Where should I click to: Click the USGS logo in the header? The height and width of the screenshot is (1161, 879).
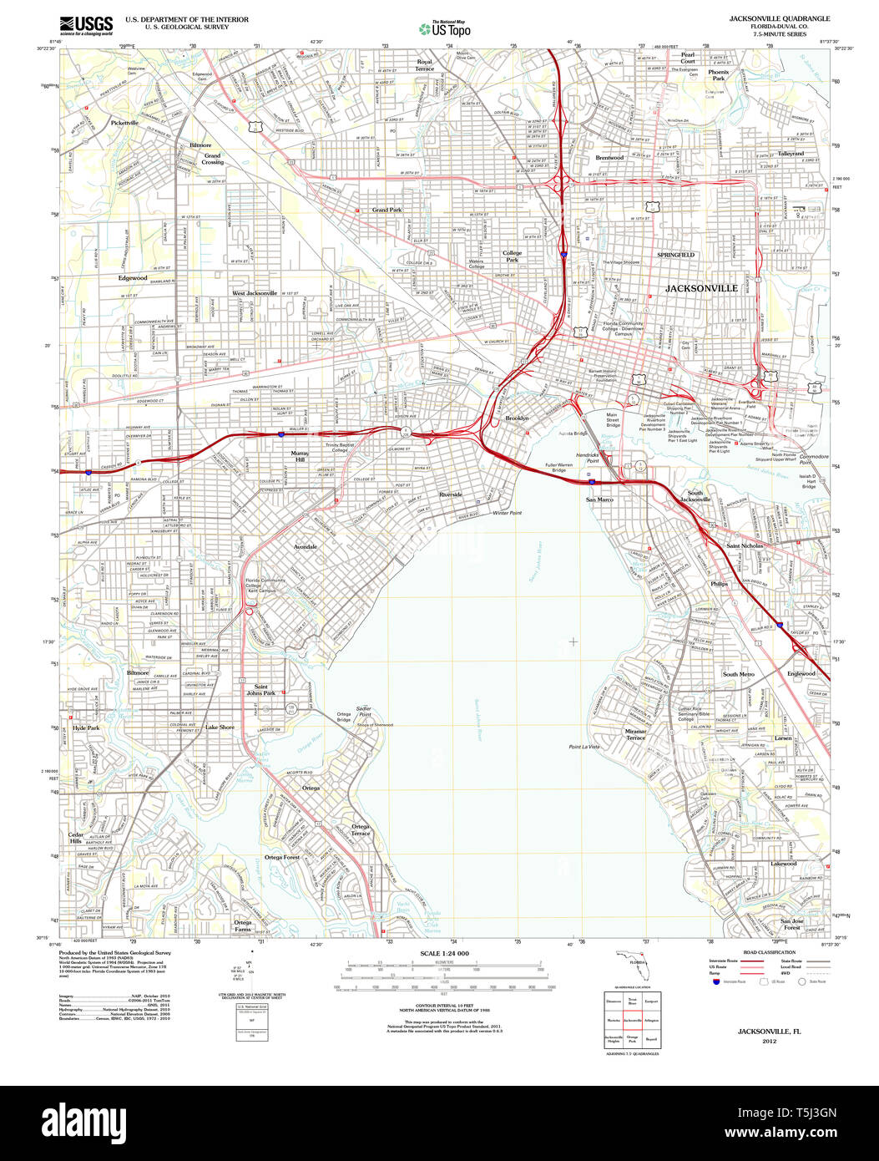[x=86, y=26]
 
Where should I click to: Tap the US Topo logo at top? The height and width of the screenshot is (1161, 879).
[x=445, y=28]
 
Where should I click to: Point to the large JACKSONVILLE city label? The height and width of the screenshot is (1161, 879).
[x=701, y=288]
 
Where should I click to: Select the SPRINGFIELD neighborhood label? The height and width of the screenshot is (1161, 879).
[x=675, y=255]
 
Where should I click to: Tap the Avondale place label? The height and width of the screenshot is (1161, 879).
[x=305, y=546]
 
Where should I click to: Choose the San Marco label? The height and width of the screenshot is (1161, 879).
[x=599, y=499]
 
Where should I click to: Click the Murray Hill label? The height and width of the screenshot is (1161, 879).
[x=299, y=456]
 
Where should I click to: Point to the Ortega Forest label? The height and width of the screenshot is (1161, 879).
[x=282, y=857]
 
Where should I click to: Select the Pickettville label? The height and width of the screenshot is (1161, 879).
[x=125, y=123]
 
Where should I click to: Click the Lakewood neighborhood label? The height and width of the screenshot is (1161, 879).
[x=783, y=863]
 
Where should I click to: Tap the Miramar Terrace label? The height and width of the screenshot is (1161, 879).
[x=635, y=734]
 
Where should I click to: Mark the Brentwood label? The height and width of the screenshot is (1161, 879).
[x=609, y=158]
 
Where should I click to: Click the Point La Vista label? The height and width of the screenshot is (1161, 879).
[x=584, y=746]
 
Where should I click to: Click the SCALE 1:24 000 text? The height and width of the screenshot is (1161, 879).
[x=444, y=954]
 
